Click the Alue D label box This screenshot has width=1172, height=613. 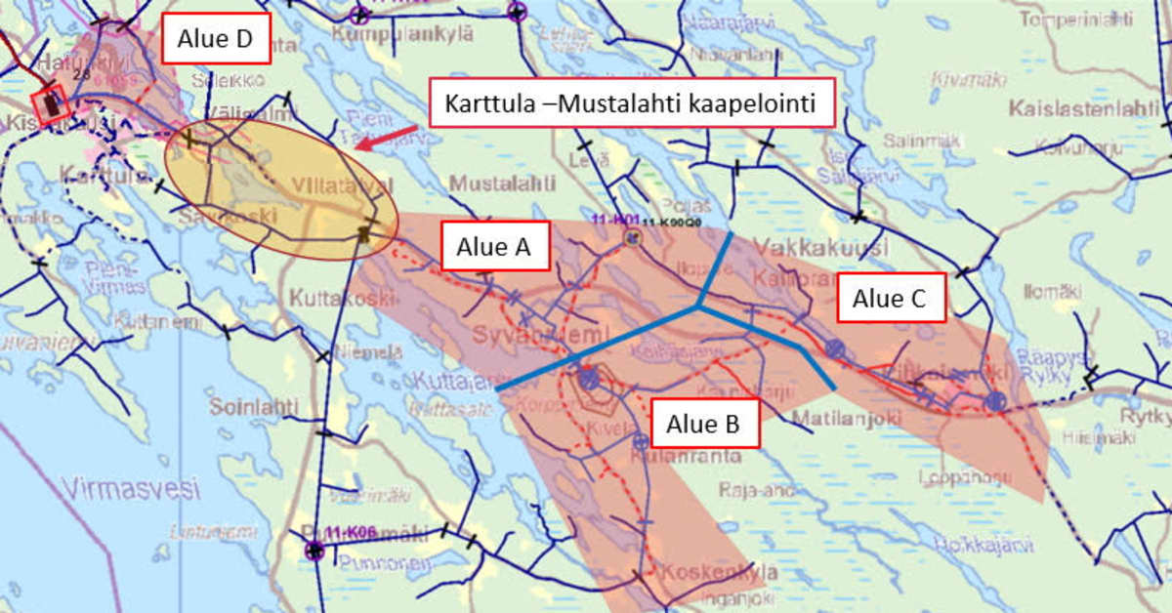pos(215,39)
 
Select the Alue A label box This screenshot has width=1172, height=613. pos(495,248)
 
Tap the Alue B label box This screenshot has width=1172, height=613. pos(703,424)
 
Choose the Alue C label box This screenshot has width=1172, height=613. pos(890,298)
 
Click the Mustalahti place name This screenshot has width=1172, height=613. pos(503,183)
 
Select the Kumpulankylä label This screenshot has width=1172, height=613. pos(402,34)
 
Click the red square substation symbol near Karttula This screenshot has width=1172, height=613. pos(50,103)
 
